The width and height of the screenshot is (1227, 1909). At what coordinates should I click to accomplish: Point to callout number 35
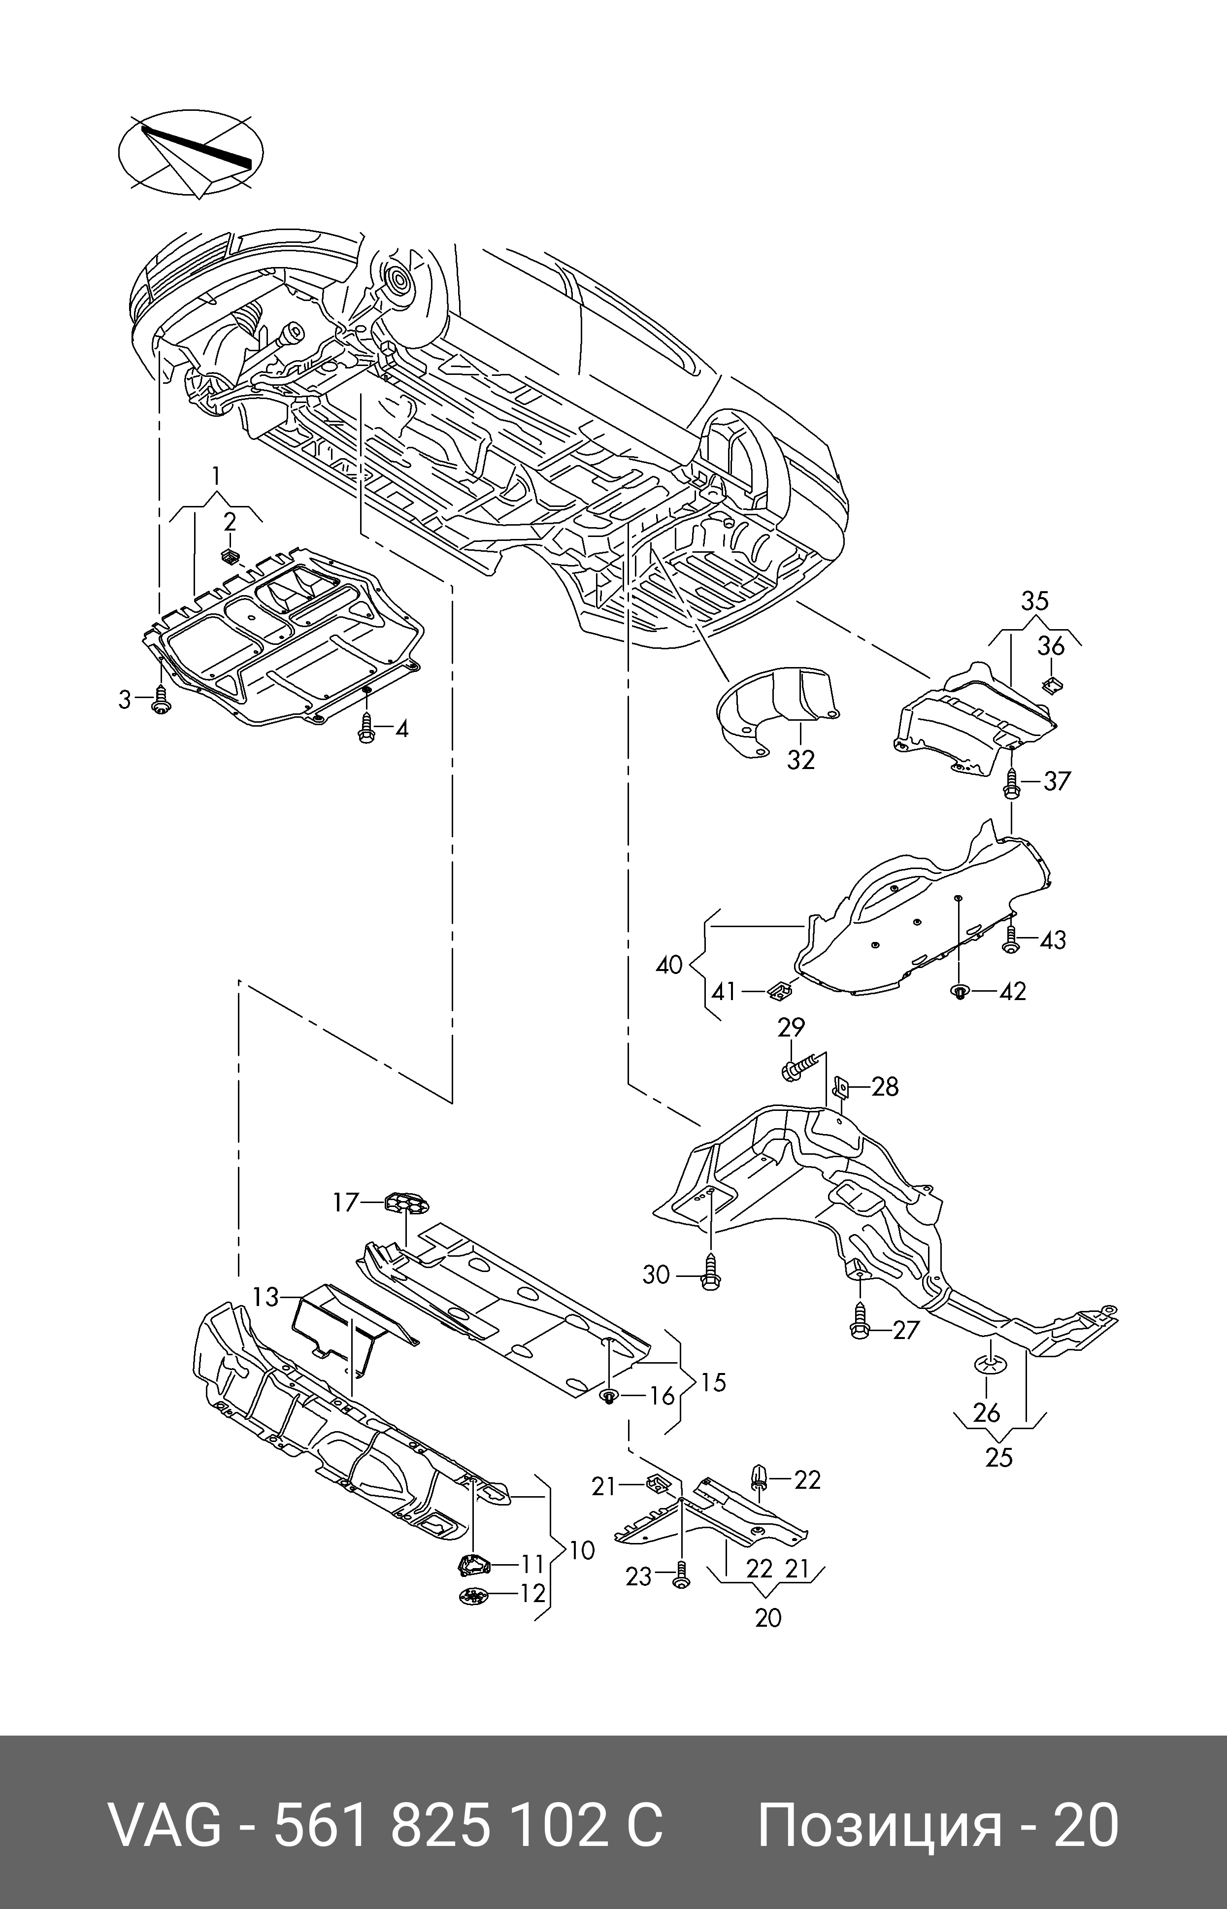(x=1035, y=601)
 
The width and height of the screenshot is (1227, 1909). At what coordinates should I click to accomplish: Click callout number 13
(x=265, y=1298)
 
